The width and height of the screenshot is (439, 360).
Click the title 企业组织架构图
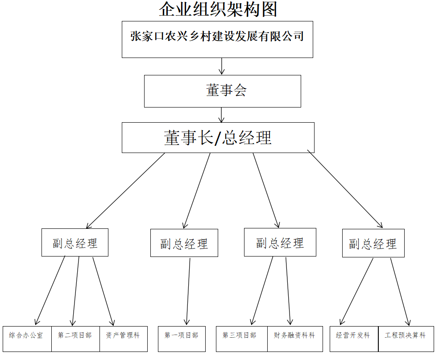click(x=218, y=9)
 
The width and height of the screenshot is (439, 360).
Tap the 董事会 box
click(x=222, y=91)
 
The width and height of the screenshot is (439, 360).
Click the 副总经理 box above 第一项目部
click(x=184, y=243)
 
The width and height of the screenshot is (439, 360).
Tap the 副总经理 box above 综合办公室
click(x=75, y=243)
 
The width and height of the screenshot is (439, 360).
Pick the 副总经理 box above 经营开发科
click(x=373, y=243)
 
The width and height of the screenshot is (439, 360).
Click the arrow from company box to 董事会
click(x=222, y=66)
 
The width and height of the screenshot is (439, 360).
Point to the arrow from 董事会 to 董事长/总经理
click(x=222, y=115)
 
